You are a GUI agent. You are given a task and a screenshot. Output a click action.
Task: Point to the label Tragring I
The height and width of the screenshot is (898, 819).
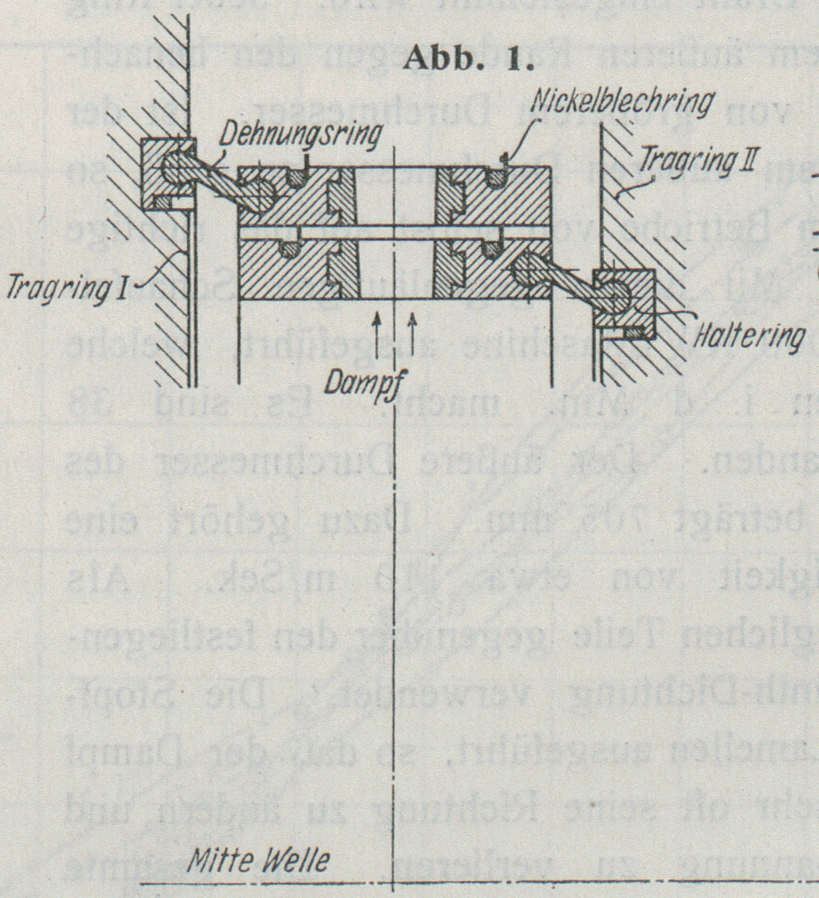66,290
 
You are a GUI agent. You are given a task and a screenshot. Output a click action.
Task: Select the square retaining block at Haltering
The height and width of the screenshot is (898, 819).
624,305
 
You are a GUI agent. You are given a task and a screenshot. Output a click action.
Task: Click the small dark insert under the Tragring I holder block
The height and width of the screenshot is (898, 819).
162,201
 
